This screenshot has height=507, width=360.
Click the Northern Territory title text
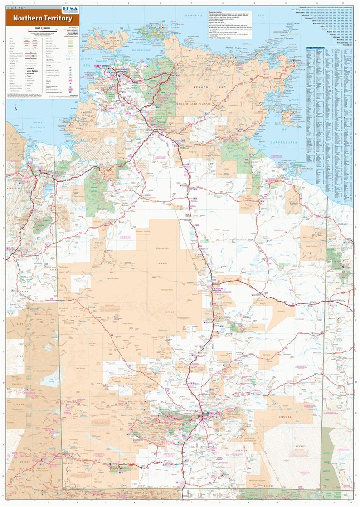pos(42,18)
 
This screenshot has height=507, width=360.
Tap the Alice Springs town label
pos(205,414)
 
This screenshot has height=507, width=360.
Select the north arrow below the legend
pos(15,107)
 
